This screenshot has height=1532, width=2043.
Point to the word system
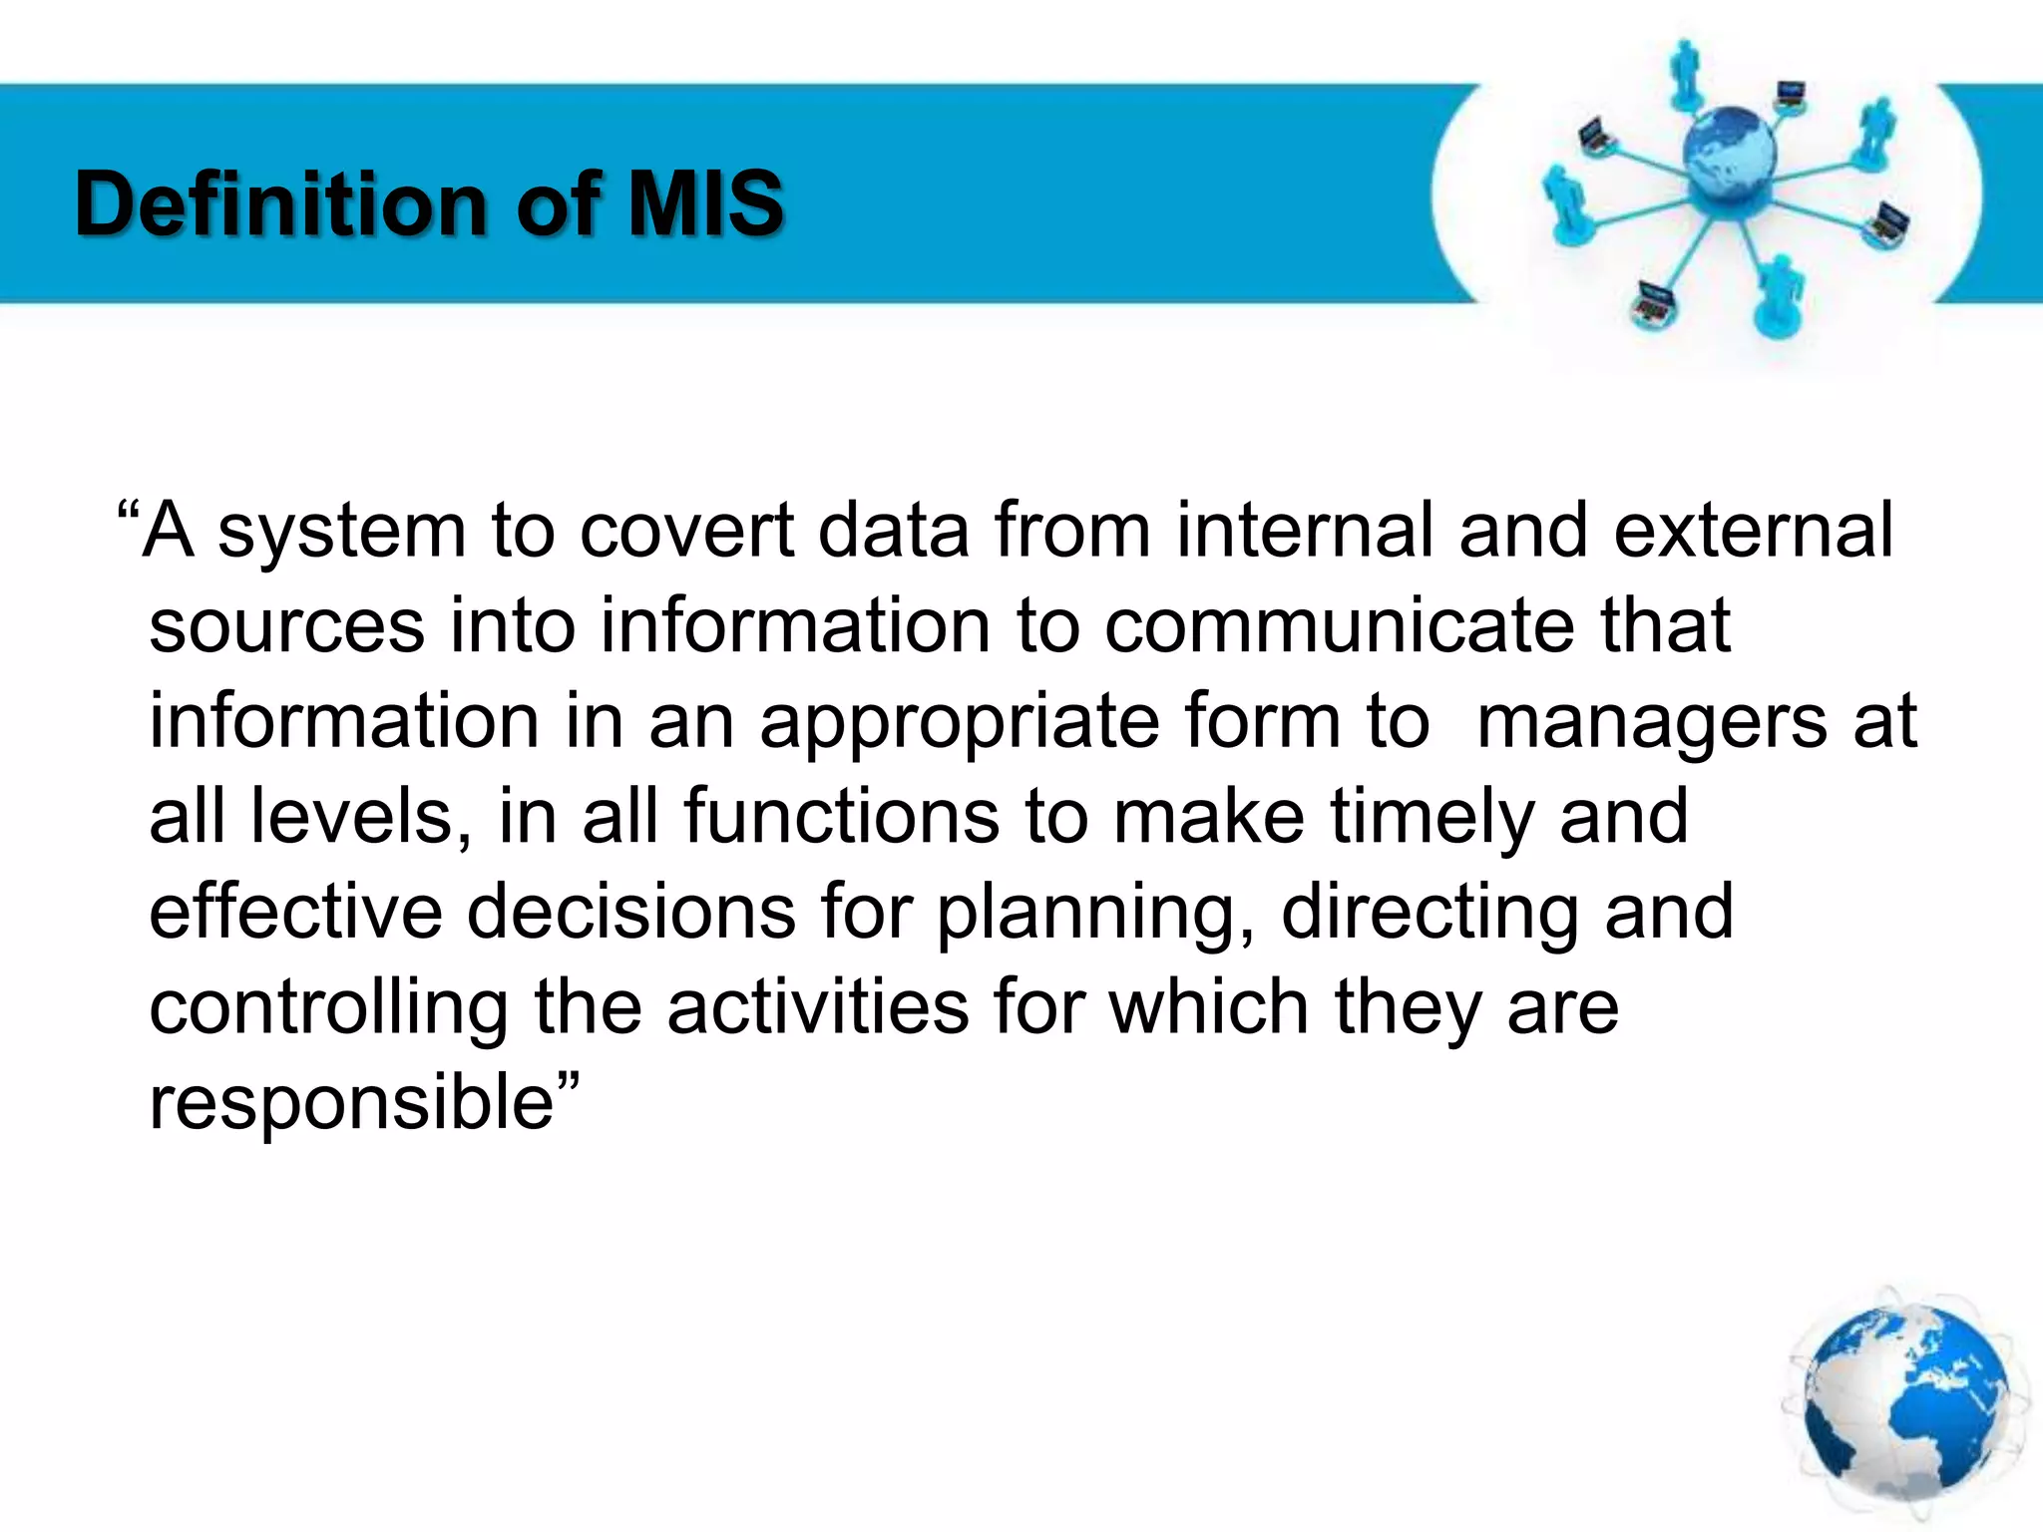click(x=342, y=533)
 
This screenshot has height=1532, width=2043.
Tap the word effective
click(x=295, y=912)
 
